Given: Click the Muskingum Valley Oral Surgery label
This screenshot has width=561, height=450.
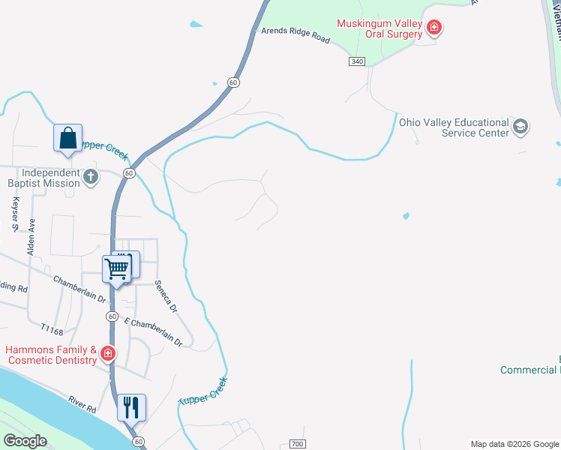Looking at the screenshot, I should [378, 28].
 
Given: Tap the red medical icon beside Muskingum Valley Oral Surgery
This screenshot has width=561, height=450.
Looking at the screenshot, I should [433, 29].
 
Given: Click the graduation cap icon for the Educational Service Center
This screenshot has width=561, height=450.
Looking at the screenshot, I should [520, 127].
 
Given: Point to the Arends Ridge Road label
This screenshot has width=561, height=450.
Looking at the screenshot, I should [295, 36].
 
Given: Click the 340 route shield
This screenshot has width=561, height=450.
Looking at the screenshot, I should [357, 61].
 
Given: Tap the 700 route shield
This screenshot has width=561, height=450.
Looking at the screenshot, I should [298, 444].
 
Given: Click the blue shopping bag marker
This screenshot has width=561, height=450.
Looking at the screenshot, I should [67, 139].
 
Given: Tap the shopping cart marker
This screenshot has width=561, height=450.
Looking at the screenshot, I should [117, 268].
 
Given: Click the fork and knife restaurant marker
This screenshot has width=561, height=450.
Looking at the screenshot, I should [131, 407].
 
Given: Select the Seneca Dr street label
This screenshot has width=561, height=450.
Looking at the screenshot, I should [165, 296].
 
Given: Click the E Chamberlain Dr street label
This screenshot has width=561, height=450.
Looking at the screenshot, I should [153, 332].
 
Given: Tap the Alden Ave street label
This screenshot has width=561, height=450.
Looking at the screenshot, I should [31, 238].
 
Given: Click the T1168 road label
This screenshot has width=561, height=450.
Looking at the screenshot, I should [52, 329].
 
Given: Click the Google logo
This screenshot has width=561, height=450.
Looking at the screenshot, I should [25, 441].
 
